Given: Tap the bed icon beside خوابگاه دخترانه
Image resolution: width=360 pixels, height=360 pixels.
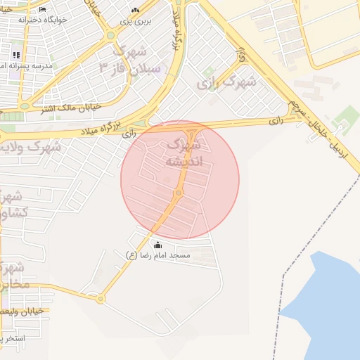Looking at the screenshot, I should pyautogui.click(x=43, y=9).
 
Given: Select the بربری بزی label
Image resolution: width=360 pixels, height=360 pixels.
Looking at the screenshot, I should pyautogui.click(x=136, y=22).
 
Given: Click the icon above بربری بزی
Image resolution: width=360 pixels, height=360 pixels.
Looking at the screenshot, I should pyautogui.click(x=136, y=11).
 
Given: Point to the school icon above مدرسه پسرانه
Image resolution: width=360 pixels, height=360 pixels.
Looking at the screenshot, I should pyautogui.click(x=16, y=55).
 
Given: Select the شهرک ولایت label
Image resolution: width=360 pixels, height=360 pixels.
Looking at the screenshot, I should pyautogui.click(x=31, y=148).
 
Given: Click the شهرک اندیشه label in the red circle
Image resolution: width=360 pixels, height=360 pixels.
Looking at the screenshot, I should pyautogui.click(x=184, y=153).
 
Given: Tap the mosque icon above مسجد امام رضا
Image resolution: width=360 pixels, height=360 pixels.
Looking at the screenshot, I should pyautogui.click(x=157, y=245).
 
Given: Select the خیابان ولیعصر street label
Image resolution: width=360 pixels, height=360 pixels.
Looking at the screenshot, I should pyautogui.click(x=25, y=310).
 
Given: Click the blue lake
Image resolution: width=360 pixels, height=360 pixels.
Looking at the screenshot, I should pyautogui.click(x=330, y=295).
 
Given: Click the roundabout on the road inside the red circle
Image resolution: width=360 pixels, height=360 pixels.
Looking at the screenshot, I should pyautogui.click(x=179, y=193).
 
